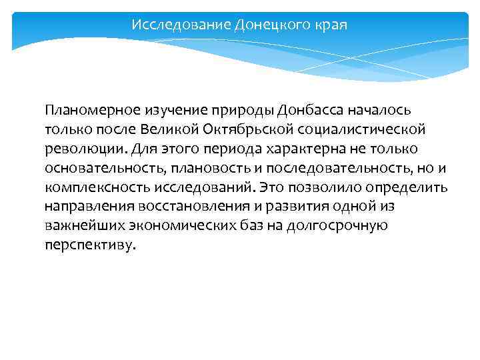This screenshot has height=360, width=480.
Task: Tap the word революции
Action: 78,147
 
